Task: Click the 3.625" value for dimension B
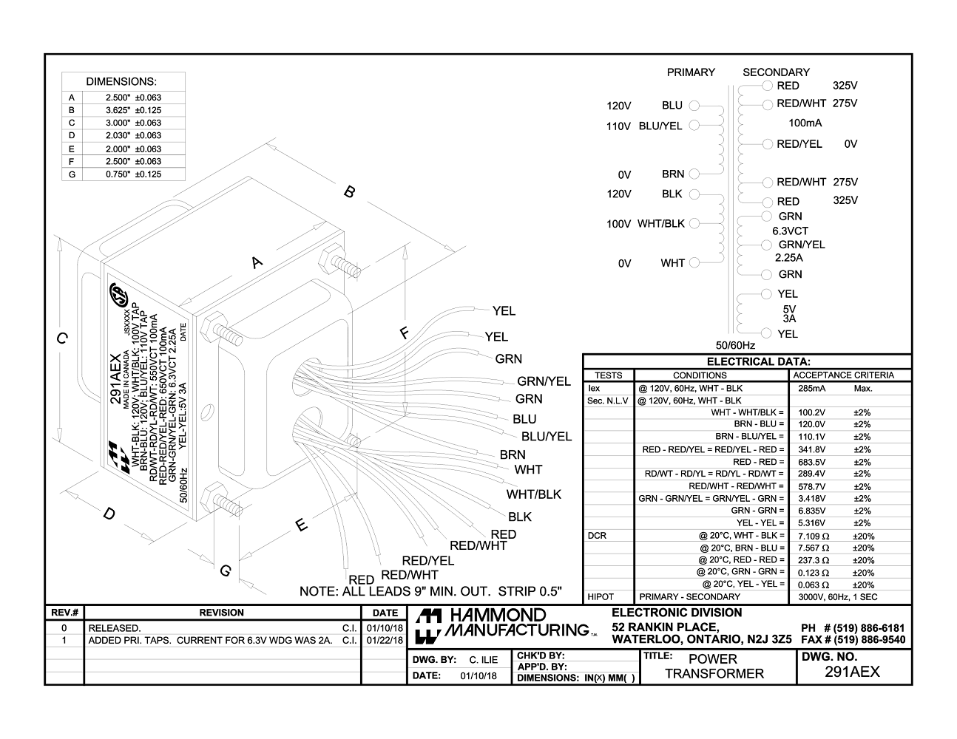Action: [118, 110]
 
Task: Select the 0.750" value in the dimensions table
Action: [118, 174]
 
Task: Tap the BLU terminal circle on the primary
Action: [694, 106]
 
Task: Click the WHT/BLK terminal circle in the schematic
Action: [694, 223]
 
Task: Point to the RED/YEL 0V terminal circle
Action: [767, 144]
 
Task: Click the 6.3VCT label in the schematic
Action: [790, 231]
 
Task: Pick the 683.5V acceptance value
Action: [811, 462]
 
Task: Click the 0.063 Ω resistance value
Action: [814, 585]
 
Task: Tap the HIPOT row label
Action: [601, 597]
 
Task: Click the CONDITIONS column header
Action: [700, 375]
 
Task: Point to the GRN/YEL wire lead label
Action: [544, 381]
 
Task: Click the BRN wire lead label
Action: [513, 454]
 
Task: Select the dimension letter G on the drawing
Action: [226, 571]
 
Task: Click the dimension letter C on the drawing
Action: [63, 338]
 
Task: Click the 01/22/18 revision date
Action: [385, 641]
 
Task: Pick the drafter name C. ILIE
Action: [483, 660]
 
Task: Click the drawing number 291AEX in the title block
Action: [852, 672]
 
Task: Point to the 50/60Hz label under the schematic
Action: [735, 345]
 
